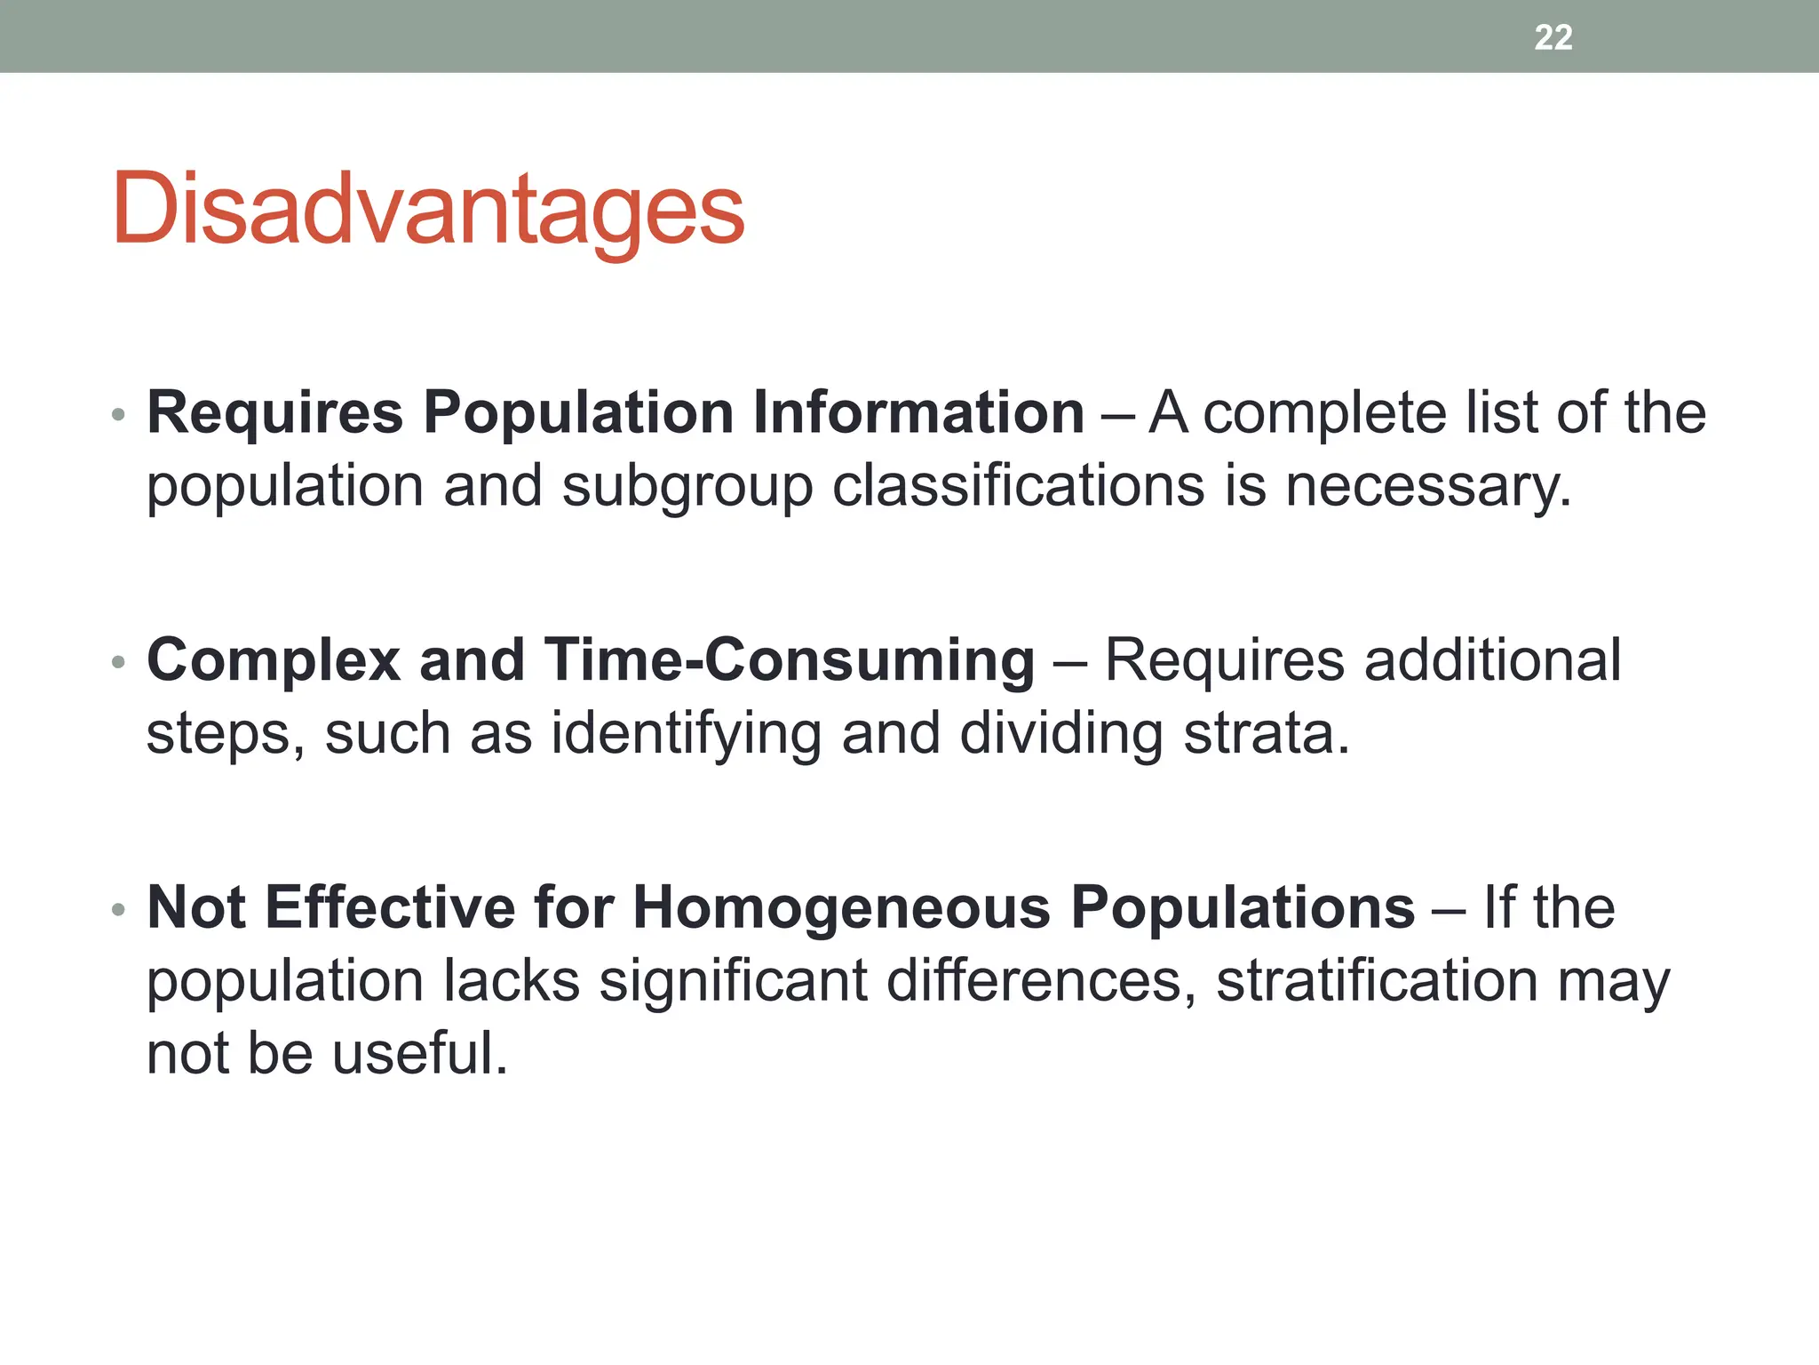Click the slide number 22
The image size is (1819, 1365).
point(1553,37)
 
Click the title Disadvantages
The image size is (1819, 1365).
point(428,210)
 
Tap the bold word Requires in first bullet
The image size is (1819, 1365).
point(274,413)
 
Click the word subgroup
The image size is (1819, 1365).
point(687,487)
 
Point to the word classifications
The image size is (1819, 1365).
point(1018,487)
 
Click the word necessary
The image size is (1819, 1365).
point(1427,487)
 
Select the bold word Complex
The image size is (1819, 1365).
point(274,661)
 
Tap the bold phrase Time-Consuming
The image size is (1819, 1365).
point(790,661)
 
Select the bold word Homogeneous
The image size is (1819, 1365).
point(842,908)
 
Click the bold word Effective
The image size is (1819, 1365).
point(390,908)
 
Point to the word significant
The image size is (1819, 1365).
point(733,981)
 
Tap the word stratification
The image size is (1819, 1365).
point(1377,981)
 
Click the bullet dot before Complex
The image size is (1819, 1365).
point(118,662)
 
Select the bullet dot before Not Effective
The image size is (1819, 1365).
point(118,909)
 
